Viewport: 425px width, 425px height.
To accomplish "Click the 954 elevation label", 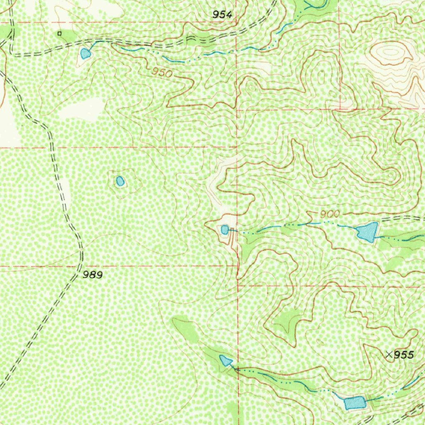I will tap(222, 15).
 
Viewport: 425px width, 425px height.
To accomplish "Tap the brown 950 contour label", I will tap(161, 73).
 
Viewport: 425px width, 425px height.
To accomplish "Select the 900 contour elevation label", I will tap(330, 214).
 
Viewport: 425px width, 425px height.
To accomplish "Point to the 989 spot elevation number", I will tap(92, 275).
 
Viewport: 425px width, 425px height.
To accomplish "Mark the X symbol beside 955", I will tap(389, 354).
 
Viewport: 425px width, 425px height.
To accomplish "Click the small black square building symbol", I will tap(59, 33).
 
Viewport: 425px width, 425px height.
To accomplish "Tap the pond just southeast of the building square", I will tap(85, 54).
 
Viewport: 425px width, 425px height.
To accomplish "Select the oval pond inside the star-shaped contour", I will tap(120, 181).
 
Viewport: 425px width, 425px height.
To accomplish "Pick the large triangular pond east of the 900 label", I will tap(367, 232).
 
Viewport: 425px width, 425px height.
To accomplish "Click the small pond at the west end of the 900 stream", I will tap(225, 230).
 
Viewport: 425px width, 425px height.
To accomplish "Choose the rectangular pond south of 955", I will tap(354, 403).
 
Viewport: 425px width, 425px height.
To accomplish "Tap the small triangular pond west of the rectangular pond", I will tap(226, 361).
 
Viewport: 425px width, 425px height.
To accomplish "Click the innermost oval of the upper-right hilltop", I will tap(390, 52).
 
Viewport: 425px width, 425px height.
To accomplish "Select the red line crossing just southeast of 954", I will tap(237, 22).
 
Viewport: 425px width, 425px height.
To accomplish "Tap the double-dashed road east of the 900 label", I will tap(403, 218).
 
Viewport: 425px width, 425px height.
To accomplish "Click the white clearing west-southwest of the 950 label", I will tap(81, 110).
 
